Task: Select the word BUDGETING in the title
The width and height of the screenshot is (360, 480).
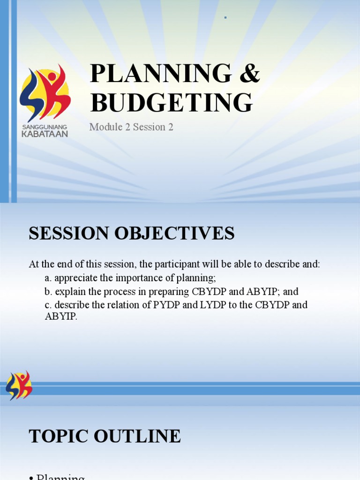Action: [x=171, y=103]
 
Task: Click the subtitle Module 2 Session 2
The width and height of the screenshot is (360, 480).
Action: [x=131, y=127]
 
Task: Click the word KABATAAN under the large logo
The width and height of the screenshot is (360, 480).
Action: [x=45, y=134]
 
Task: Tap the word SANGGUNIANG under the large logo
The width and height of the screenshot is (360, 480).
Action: [x=45, y=127]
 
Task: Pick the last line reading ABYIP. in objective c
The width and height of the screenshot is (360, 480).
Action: [x=61, y=316]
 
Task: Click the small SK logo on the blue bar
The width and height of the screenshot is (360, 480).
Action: [x=19, y=385]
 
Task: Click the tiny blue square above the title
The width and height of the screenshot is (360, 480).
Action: [x=225, y=18]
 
